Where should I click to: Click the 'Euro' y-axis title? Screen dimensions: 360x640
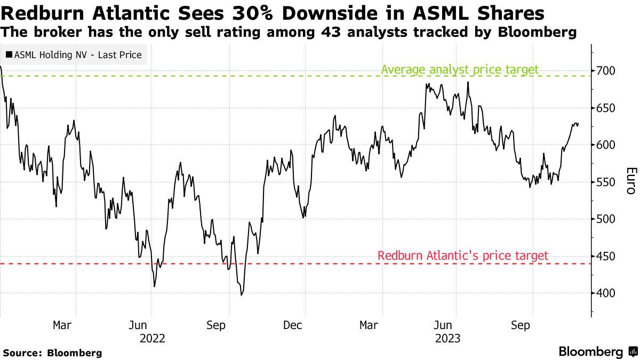coord(630,181)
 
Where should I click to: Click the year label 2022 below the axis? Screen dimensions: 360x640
coord(152,338)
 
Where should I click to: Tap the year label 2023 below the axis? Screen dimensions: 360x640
coord(447,338)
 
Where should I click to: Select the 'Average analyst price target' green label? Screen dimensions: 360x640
coord(460,69)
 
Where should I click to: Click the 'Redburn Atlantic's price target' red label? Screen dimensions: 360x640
coord(462,256)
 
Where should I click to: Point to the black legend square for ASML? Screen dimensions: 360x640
coord(9,55)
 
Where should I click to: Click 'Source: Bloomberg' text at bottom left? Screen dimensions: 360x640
coord(52,353)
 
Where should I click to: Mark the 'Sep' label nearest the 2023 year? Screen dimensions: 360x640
coord(521,325)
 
